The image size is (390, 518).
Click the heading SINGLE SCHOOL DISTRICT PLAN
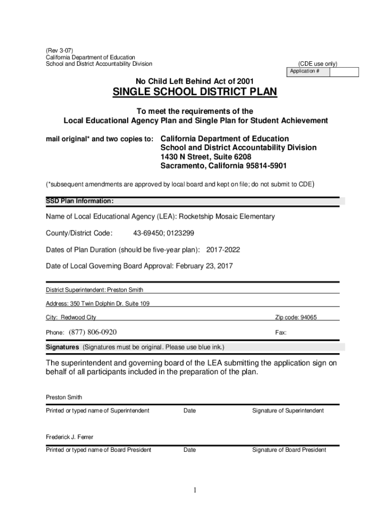(194, 93)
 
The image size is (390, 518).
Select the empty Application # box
(344, 72)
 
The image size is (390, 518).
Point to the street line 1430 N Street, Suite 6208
(206, 157)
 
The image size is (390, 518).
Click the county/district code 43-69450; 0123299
(164, 233)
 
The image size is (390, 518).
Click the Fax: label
(281, 333)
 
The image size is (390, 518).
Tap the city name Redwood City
(79, 318)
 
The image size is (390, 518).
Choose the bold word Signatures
(62, 347)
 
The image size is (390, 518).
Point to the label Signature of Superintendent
(288, 411)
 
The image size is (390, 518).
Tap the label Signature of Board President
(289, 450)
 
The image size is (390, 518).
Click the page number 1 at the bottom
(195, 491)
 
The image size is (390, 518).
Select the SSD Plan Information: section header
(76, 201)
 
